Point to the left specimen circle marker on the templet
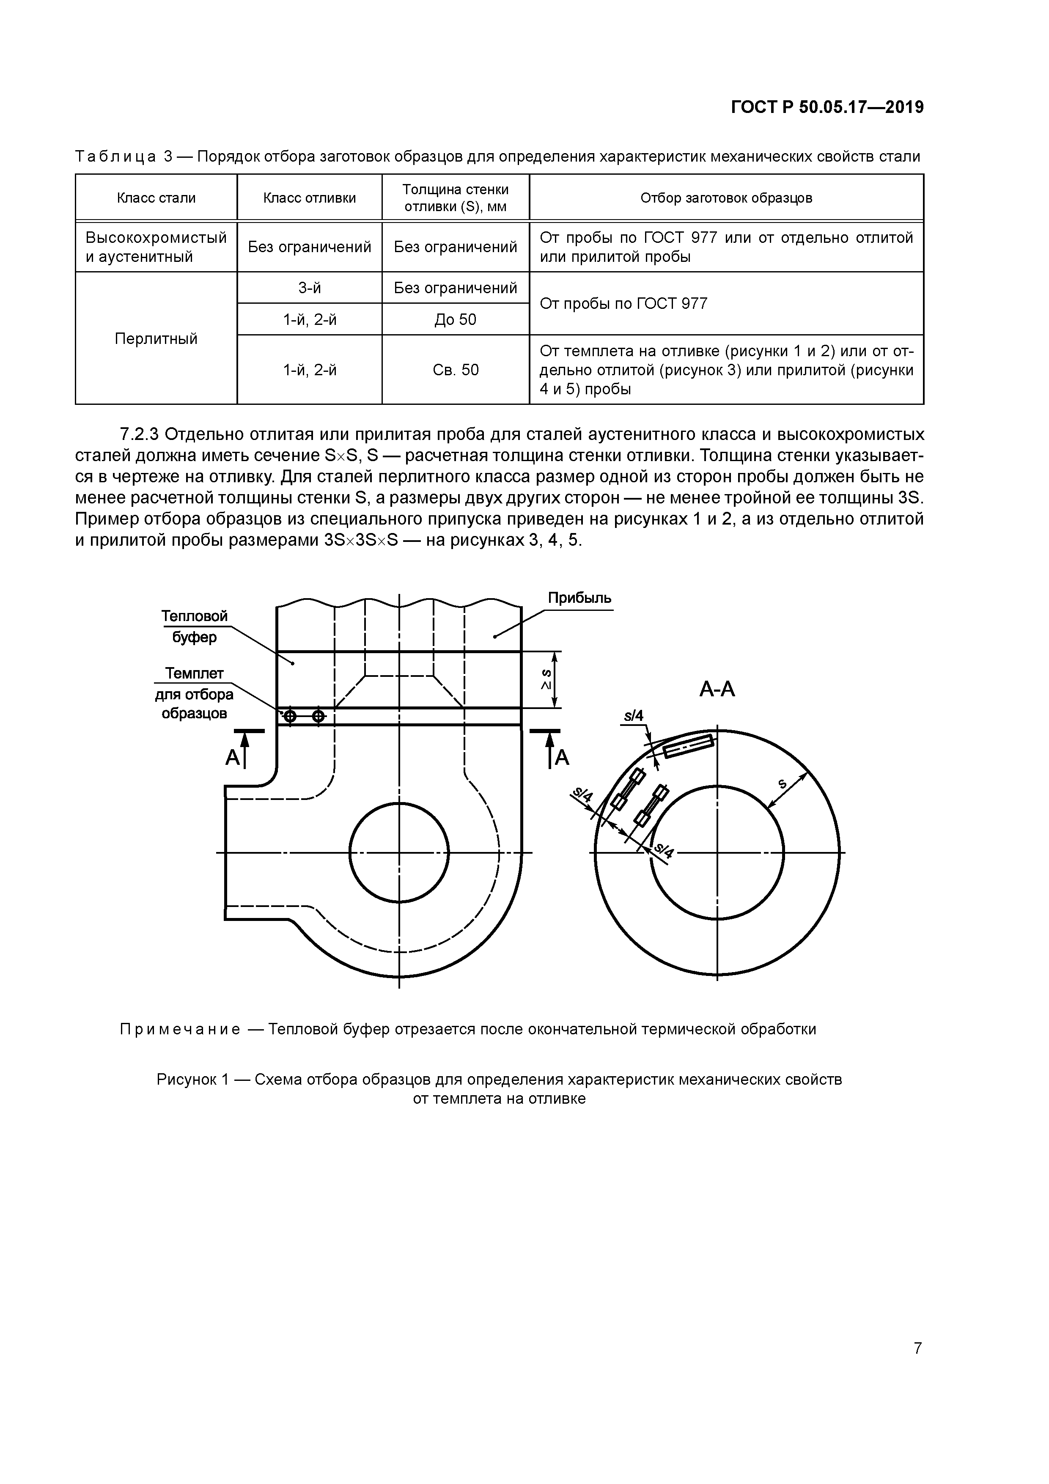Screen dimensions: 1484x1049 pyautogui.click(x=290, y=716)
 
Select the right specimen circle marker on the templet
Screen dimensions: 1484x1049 pyautogui.click(x=318, y=716)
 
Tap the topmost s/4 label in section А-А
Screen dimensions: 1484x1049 pyautogui.click(x=634, y=715)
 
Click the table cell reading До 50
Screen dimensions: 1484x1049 pyautogui.click(x=455, y=319)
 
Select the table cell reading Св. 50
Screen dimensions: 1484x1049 pyautogui.click(x=455, y=370)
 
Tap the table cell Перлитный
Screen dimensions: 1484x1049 pyautogui.click(x=156, y=339)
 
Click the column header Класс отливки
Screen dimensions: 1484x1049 pyautogui.click(x=310, y=198)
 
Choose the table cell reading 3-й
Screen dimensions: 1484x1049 pyautogui.click(x=310, y=288)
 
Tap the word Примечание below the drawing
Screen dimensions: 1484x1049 pyautogui.click(x=180, y=1029)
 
